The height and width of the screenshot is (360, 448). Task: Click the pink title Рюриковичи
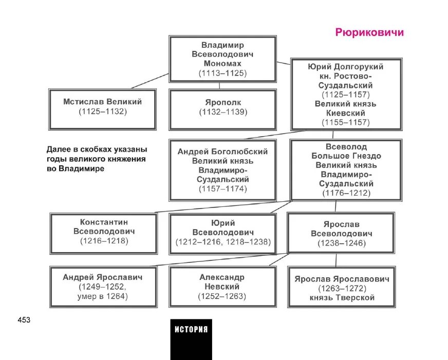pos(369,33)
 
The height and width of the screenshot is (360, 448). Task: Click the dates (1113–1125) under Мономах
pos(222,73)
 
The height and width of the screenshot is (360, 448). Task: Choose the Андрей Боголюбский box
pos(222,170)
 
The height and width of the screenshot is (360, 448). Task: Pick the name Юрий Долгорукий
pos(345,67)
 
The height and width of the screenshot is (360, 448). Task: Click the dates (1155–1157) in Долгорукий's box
pos(345,122)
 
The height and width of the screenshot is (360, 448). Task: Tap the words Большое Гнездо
pos(346,156)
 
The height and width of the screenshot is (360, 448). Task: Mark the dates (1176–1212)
pos(346,193)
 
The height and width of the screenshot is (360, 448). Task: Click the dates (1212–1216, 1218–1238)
pos(222,241)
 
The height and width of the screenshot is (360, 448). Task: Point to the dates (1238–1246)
pos(341,243)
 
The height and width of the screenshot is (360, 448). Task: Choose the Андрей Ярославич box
pos(103,286)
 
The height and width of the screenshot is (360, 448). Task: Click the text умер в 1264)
pos(103,296)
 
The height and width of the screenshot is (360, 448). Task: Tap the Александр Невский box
pos(222,286)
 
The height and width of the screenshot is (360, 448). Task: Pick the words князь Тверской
pos(342,298)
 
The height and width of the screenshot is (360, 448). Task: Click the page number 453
pos(24,320)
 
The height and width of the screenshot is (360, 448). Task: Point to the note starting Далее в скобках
pos(96,159)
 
